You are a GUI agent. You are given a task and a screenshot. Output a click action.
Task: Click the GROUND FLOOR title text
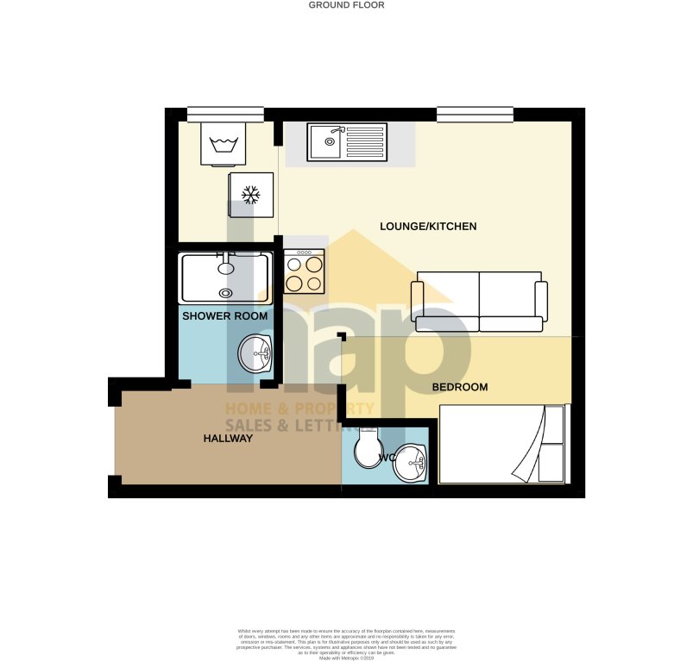pos(346,5)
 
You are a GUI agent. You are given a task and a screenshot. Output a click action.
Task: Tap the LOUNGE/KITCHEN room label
pos(428,227)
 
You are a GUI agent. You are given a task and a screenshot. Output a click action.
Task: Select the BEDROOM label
pos(460,388)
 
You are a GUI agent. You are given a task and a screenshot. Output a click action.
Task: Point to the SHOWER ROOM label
pos(224,316)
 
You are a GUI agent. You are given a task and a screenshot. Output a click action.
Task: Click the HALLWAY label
pos(228,439)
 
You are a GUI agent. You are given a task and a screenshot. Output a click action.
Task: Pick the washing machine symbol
pos(224,142)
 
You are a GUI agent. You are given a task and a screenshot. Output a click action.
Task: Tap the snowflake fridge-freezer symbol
pos(251,195)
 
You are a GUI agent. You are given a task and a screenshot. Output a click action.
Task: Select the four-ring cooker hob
pos(304,271)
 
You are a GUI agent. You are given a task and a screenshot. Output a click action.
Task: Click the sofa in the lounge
pos(479,302)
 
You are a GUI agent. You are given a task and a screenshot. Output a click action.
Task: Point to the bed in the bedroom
pos(503,443)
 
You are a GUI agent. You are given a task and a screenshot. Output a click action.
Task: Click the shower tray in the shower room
pos(224,277)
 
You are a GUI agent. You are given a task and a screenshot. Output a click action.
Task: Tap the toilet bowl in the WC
pos(369,446)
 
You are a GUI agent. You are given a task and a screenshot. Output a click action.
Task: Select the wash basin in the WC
pos(411,465)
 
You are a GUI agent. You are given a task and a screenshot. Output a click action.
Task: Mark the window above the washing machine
pos(225,113)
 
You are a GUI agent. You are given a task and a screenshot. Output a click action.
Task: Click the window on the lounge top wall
pos(475,113)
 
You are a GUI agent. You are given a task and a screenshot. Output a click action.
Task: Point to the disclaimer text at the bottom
pos(346,643)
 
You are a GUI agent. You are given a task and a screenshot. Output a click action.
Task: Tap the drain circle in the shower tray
pos(226,293)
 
